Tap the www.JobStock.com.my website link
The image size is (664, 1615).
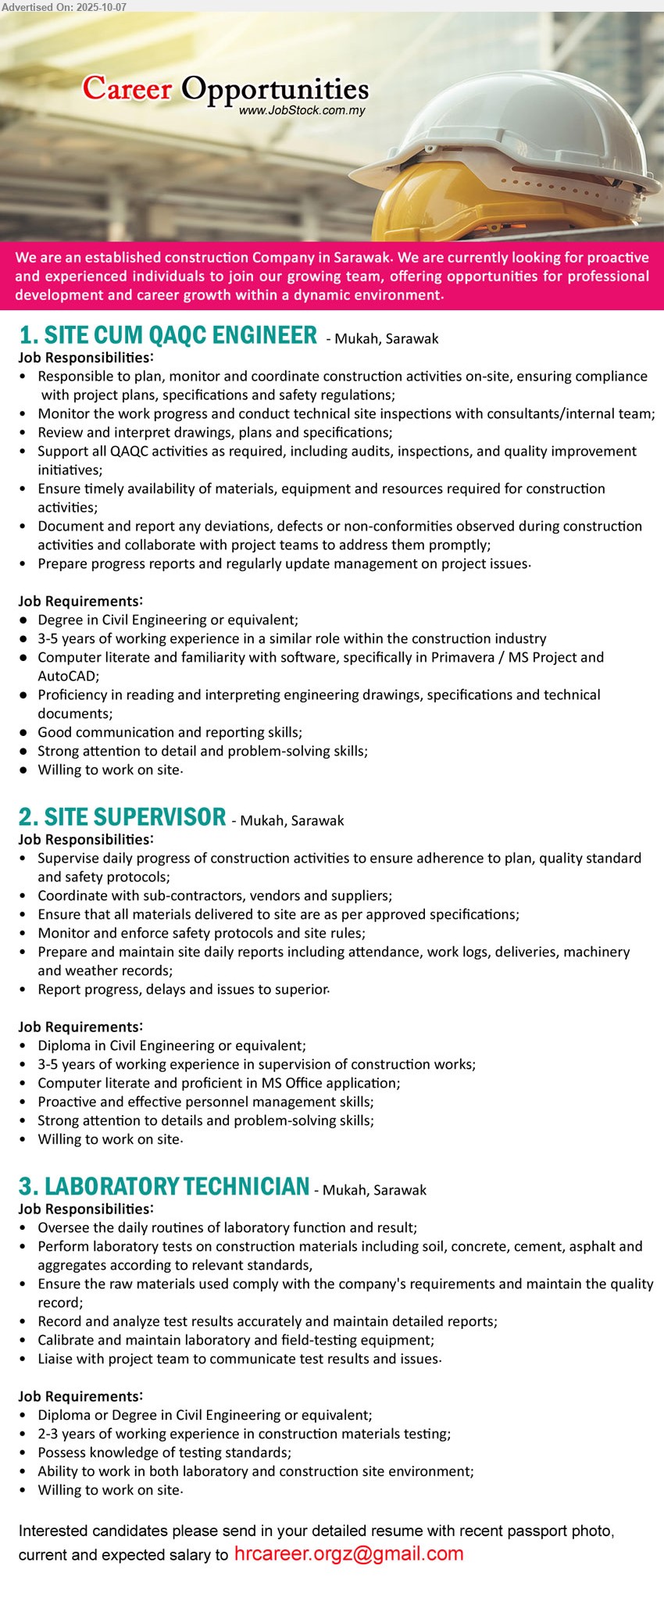tap(302, 110)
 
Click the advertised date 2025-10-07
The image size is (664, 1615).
tap(97, 6)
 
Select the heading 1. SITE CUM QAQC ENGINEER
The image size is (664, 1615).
tap(168, 335)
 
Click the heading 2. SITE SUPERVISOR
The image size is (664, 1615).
tap(123, 817)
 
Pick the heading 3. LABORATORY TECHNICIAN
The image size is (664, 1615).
tap(164, 1187)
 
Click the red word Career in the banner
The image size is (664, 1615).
tap(127, 88)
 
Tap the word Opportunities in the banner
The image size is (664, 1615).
tap(275, 90)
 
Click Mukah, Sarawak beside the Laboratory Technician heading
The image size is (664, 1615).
tap(374, 1190)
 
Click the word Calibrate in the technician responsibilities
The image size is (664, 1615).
tap(69, 1340)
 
